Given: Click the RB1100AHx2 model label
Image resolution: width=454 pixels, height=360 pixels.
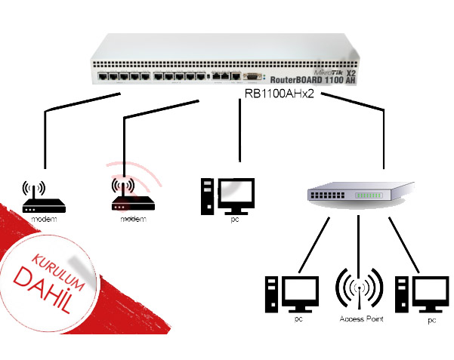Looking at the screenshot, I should pos(277,93).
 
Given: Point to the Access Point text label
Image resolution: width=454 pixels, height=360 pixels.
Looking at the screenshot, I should pos(360,320).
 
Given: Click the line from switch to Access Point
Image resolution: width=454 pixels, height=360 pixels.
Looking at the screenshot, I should pos(360,242).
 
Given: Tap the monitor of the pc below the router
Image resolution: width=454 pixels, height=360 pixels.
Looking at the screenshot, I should pos(235,193).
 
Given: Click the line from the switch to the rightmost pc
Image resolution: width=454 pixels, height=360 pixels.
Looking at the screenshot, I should pos(403,244).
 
